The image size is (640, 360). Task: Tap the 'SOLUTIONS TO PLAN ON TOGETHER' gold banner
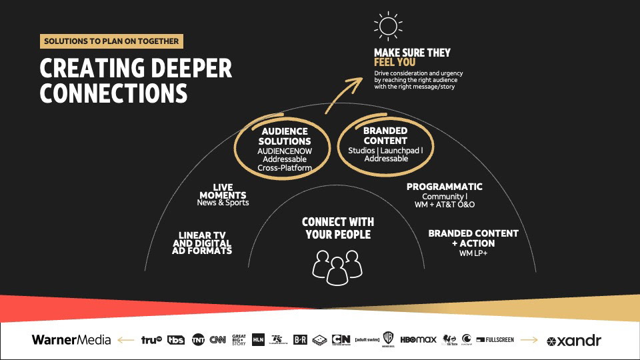coord(111,41)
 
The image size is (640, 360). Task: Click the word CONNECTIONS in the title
coord(113,93)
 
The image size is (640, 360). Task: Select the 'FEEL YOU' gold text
coord(395,63)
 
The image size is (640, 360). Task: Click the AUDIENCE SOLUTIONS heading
coord(285,136)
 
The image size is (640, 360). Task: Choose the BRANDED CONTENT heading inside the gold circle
coord(385,136)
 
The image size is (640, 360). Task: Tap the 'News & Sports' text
coord(223,203)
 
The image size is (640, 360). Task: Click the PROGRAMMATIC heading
coord(445,187)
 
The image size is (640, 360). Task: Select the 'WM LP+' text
coord(473,253)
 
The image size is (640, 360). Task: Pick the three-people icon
coord(336,263)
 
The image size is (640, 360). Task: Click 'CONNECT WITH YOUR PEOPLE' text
coord(337,228)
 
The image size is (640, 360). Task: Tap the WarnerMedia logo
coord(71,340)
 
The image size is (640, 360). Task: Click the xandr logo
coord(574,341)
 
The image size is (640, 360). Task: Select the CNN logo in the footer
coord(217,340)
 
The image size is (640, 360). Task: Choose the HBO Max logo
coord(418,340)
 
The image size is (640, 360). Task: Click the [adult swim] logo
coord(367,339)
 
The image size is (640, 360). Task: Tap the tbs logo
coord(176,340)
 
